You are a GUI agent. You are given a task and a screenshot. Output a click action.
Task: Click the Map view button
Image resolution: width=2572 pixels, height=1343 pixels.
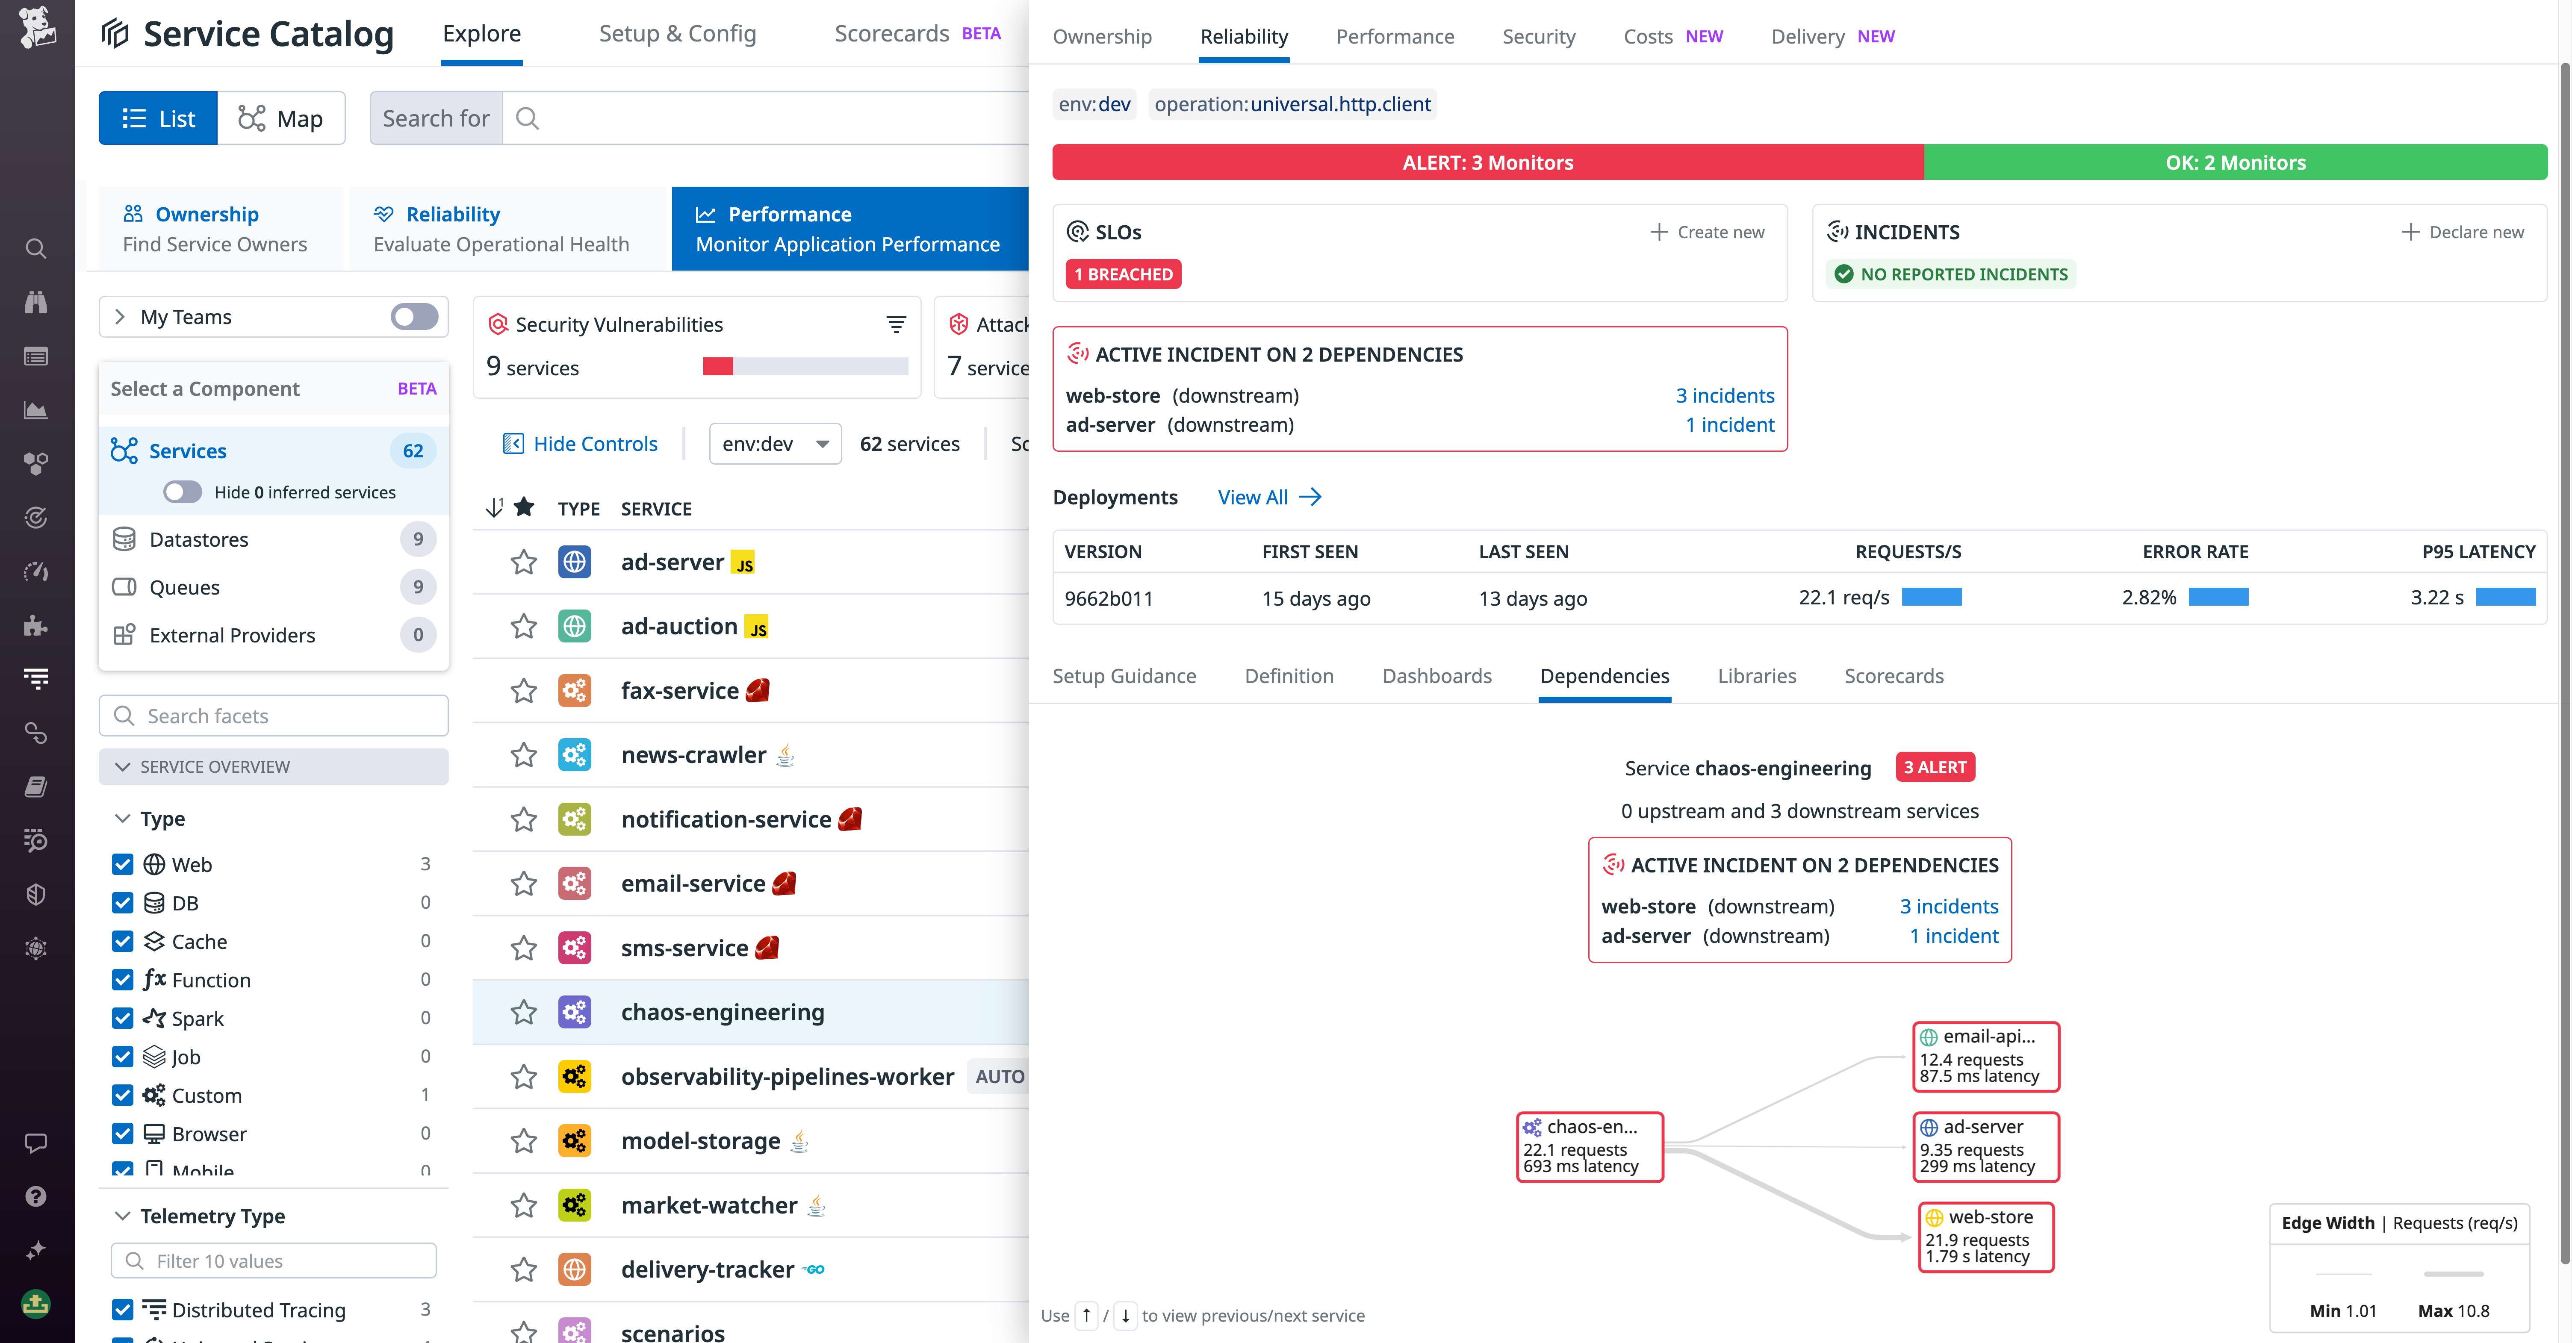coord(280,119)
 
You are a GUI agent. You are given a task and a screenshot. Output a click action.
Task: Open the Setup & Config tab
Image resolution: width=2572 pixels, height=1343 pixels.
coord(677,34)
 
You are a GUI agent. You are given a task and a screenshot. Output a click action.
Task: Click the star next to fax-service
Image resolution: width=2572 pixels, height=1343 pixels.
coord(523,691)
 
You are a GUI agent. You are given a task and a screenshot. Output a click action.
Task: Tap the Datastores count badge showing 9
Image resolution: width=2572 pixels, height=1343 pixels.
coord(417,539)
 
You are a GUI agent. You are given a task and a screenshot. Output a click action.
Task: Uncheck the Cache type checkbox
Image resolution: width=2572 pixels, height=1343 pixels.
coord(123,942)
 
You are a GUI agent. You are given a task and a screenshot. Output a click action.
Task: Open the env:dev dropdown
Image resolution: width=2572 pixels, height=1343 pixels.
coord(775,443)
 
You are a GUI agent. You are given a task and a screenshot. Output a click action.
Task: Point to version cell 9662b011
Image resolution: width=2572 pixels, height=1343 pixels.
coord(1108,598)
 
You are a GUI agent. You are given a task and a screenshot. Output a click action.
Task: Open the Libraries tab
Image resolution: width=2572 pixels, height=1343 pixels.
coord(1756,676)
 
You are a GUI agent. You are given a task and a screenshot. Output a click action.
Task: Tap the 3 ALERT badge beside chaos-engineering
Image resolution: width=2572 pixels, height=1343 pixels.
coord(1934,767)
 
